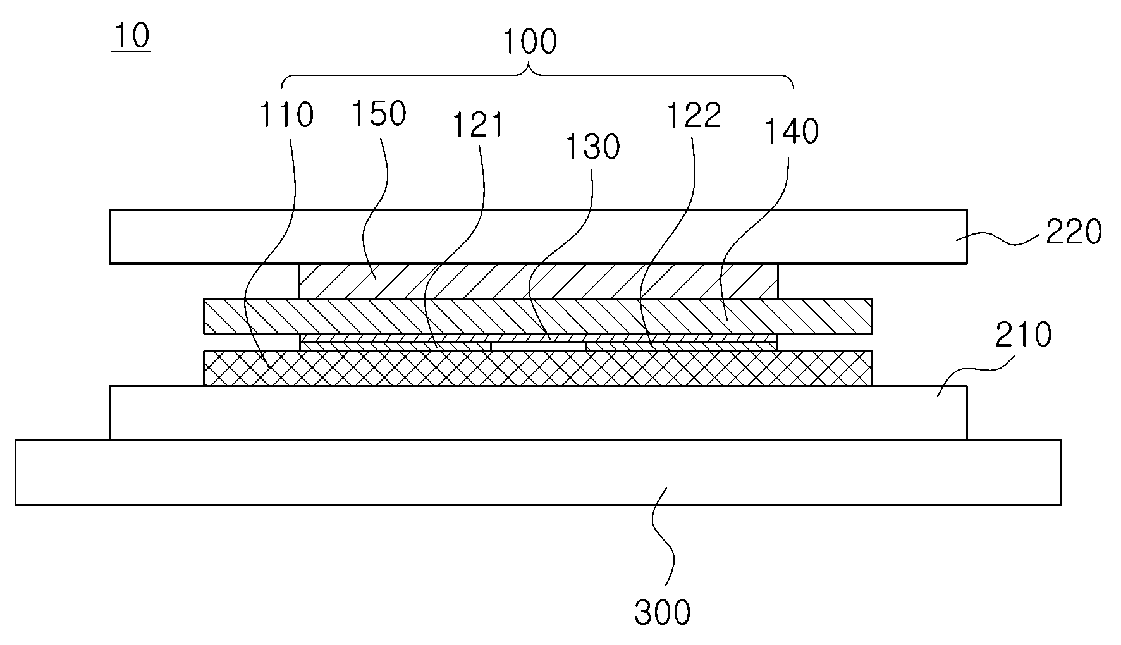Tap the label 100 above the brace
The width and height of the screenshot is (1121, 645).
[x=529, y=42]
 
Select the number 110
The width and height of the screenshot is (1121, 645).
[x=286, y=115]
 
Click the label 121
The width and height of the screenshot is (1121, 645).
[x=478, y=125]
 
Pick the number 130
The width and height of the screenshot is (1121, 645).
[x=592, y=147]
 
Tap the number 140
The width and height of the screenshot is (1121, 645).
[x=792, y=132]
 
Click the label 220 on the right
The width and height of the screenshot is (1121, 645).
[x=1074, y=232]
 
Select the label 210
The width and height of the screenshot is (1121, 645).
[x=1024, y=335]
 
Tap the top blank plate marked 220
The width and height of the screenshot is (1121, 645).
[x=538, y=236]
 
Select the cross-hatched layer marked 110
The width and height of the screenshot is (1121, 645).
[x=538, y=368]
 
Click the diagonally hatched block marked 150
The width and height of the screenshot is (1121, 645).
[x=538, y=281]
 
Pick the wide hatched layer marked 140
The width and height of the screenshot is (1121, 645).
[x=538, y=316]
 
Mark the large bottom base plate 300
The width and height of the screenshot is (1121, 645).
[x=538, y=472]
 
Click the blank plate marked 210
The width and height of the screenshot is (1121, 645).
[x=538, y=413]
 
